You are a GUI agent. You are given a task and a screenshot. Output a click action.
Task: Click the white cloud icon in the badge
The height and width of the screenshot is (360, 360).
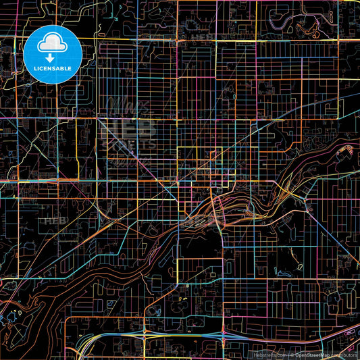tap(52, 43)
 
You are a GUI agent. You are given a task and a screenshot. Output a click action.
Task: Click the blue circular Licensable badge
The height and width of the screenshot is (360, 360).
tap(53, 54)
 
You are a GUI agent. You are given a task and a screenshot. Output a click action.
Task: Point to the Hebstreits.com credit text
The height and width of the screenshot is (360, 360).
tap(270, 354)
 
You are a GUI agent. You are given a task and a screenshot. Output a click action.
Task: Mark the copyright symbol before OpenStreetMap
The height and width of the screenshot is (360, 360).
tap(292, 354)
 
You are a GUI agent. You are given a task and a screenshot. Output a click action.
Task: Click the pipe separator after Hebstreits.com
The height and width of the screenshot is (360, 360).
tap(288, 354)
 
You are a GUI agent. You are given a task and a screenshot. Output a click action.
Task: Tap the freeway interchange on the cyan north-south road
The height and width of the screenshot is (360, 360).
tap(223, 334)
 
